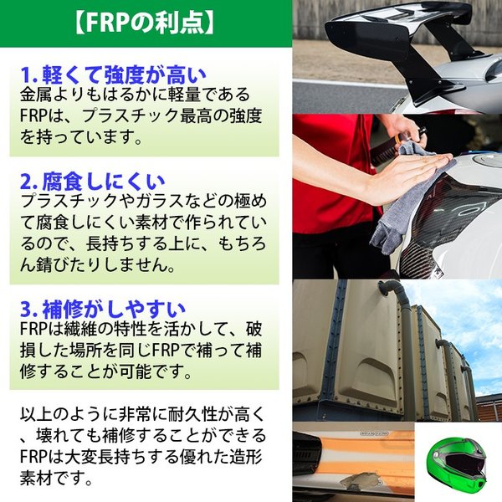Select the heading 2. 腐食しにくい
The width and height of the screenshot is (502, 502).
click(x=92, y=180)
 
